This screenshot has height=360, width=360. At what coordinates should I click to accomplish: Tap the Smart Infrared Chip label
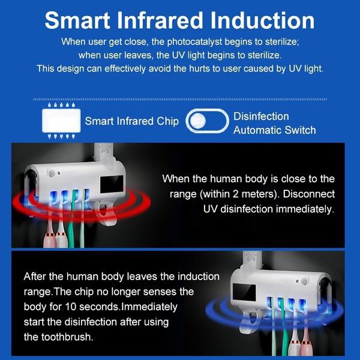pyautogui.click(x=132, y=121)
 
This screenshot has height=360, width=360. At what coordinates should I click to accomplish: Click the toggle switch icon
pyautogui.click(x=207, y=121)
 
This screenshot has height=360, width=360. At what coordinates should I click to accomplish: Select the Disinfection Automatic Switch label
pyautogui.click(x=274, y=123)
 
